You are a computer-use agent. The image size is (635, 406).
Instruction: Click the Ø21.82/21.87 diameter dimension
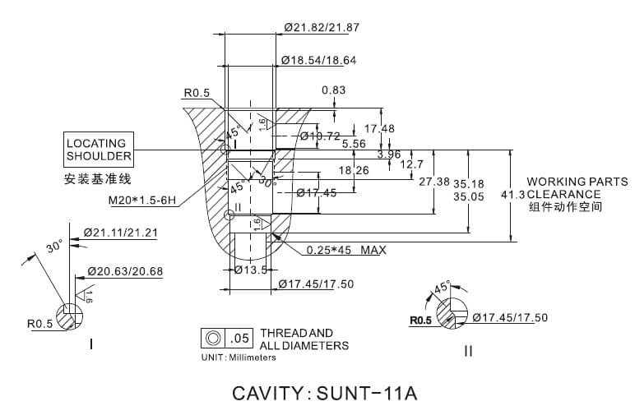[x=322, y=27]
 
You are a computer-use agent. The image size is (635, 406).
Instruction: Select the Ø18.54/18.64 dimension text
[x=318, y=60]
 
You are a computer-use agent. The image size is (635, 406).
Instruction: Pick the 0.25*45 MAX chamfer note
[x=345, y=250]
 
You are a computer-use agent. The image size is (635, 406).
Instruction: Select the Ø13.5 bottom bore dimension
[x=250, y=270]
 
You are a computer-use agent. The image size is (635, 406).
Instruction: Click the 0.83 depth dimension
[x=333, y=90]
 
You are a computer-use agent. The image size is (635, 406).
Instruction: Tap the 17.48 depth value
[x=379, y=128]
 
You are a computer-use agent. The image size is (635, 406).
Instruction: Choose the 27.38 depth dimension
[x=433, y=182]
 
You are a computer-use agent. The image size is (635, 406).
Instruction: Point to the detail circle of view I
[x=69, y=314]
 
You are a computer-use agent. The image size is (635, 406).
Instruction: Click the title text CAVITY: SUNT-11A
[x=325, y=392]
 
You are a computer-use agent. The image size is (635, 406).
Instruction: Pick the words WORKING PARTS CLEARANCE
[x=577, y=187]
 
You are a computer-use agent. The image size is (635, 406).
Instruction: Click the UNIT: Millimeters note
[x=239, y=358]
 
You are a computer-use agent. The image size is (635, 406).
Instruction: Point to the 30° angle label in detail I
[x=55, y=247]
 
